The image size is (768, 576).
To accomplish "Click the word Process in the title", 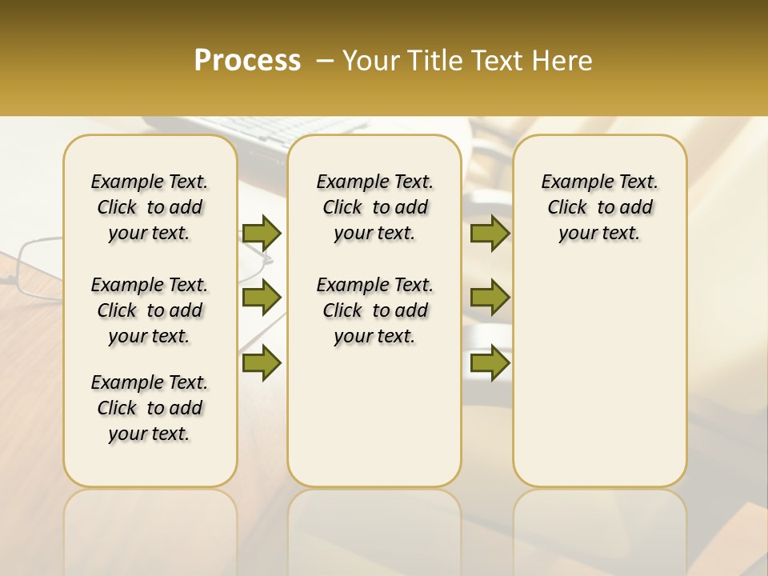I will click(247, 61).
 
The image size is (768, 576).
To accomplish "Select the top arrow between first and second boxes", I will click(262, 233).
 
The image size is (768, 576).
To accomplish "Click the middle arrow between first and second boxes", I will click(262, 298).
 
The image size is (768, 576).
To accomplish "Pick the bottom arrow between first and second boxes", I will click(262, 362).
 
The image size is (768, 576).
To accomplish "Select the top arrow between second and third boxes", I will click(490, 233).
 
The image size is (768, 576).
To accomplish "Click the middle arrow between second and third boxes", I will click(490, 298).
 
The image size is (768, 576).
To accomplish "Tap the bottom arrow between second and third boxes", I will click(490, 362).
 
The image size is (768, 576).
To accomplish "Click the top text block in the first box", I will click(150, 207).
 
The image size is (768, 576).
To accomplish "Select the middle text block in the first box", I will click(150, 310).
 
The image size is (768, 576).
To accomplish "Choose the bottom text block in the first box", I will click(150, 408).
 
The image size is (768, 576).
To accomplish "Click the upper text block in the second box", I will click(374, 207).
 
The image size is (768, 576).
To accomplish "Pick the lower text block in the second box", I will click(374, 310).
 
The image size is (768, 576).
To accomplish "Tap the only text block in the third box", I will click(599, 207).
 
